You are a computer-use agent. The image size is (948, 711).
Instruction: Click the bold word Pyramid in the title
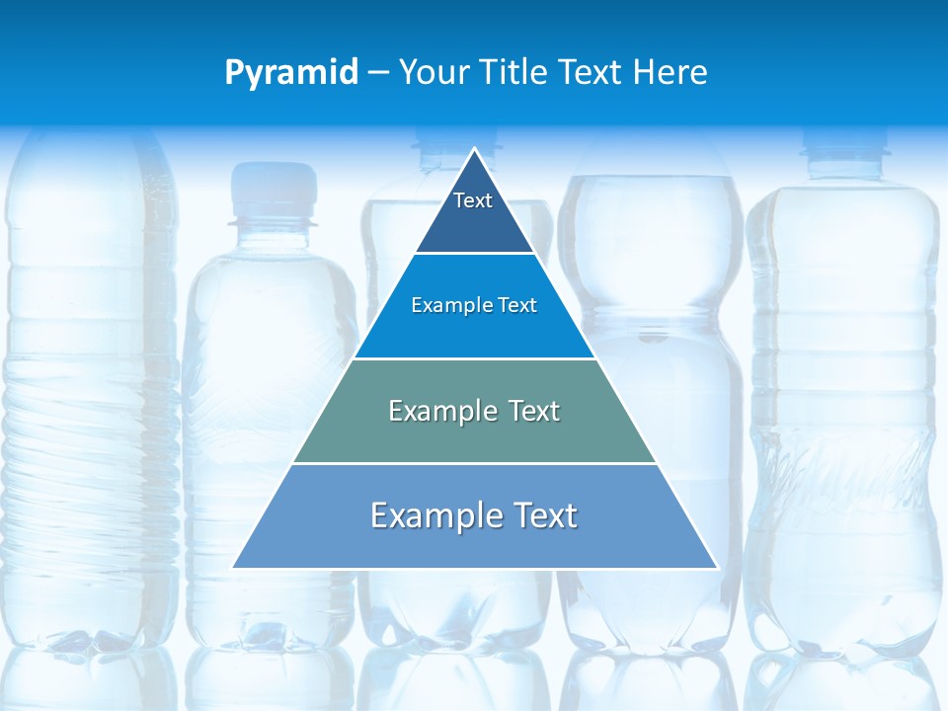pos(291,73)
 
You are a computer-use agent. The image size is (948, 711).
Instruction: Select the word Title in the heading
pos(514,73)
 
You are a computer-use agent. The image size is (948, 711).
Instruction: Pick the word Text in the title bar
pos(591,73)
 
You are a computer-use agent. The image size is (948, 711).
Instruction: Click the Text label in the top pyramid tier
pos(473,200)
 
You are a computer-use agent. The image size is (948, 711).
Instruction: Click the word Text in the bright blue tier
pos(513,306)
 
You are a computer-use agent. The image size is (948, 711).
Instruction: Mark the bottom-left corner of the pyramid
pos(234,567)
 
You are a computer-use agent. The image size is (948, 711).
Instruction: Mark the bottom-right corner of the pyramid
pos(716,567)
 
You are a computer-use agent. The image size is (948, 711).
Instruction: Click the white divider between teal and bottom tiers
pos(475,463)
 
